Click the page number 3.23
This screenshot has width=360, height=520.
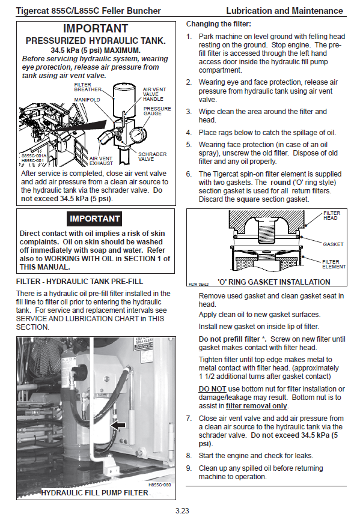tap(182, 511)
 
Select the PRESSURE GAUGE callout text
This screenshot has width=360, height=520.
tap(157, 111)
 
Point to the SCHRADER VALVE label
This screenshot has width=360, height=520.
tap(152, 157)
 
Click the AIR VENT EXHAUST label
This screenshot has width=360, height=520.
tap(101, 161)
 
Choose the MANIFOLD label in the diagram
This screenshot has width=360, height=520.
tap(87, 100)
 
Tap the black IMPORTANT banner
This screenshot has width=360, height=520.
tap(94, 219)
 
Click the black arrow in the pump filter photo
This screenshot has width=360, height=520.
tap(118, 426)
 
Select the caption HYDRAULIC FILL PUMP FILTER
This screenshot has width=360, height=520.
tap(94, 493)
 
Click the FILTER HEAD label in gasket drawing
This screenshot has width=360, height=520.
tap(332, 216)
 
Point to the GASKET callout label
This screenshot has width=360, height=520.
tap(333, 244)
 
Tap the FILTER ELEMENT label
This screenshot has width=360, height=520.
tap(334, 264)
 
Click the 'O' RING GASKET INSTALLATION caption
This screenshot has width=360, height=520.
tap(273, 282)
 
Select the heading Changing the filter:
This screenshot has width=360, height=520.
tap(219, 24)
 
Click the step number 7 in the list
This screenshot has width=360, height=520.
tap(189, 419)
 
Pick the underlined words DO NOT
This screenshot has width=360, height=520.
tap(212, 389)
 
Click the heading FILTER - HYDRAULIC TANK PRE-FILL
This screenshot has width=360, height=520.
tap(79, 282)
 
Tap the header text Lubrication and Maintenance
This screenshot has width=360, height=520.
tap(285, 11)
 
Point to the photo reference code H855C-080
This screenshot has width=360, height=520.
tap(160, 485)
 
